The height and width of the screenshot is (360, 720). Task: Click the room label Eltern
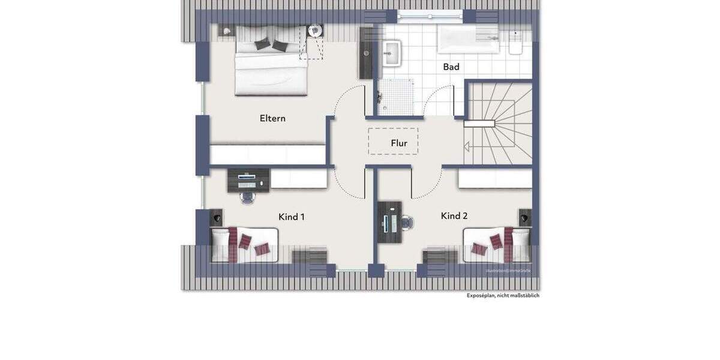coord(272,118)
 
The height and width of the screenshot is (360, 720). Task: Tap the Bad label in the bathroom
coord(451,67)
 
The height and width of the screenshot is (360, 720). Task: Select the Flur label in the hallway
coord(399,143)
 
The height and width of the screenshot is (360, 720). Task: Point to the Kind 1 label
coord(292,217)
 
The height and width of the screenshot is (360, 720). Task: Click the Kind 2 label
coord(454,215)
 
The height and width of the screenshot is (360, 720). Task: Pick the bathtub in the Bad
coord(469,40)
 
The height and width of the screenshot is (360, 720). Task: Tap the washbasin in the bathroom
coord(392,52)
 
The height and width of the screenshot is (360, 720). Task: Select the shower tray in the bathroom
coord(396,98)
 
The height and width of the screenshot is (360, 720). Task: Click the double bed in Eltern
coord(271,60)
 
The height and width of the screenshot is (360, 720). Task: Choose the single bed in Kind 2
coord(496,244)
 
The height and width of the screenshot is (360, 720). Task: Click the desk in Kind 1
coord(248,179)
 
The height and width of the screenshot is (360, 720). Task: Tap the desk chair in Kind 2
coord(407,223)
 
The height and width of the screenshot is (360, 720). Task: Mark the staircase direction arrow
coord(467,145)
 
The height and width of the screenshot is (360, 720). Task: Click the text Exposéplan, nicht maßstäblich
coord(503,295)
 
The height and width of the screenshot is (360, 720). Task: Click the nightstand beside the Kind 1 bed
coord(216,217)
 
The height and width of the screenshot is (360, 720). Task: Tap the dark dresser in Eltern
coord(365,53)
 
